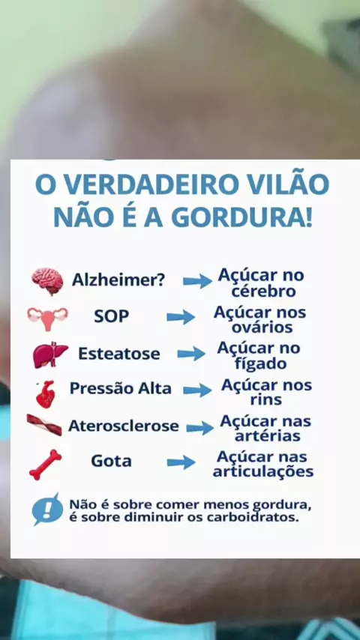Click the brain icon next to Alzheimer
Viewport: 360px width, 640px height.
coord(47,281)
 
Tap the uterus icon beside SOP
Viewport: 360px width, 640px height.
coord(48,318)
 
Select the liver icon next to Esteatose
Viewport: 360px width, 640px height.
coord(49,354)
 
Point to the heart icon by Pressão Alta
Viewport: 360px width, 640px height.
coord(45,394)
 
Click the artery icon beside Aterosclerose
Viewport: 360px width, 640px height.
coord(44,424)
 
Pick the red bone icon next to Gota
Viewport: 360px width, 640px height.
coord(45,465)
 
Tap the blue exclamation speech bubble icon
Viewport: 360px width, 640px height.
coord(47,509)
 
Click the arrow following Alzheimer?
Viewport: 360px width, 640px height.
coord(197,281)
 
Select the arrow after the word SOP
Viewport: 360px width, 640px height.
coord(181,317)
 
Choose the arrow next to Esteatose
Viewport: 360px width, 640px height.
coord(191,354)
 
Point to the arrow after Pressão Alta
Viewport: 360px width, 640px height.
coord(197,390)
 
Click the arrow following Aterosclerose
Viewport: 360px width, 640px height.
coord(200,428)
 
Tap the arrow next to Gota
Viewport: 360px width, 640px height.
coord(181,462)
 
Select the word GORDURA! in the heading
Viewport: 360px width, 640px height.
coord(242,217)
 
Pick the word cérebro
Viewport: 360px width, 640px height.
coord(263,292)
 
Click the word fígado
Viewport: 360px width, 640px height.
coord(260,363)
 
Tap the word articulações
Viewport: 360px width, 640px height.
coord(263,472)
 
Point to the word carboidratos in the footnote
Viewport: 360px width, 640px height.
coord(250,518)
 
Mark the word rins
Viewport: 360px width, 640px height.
coord(266,399)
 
